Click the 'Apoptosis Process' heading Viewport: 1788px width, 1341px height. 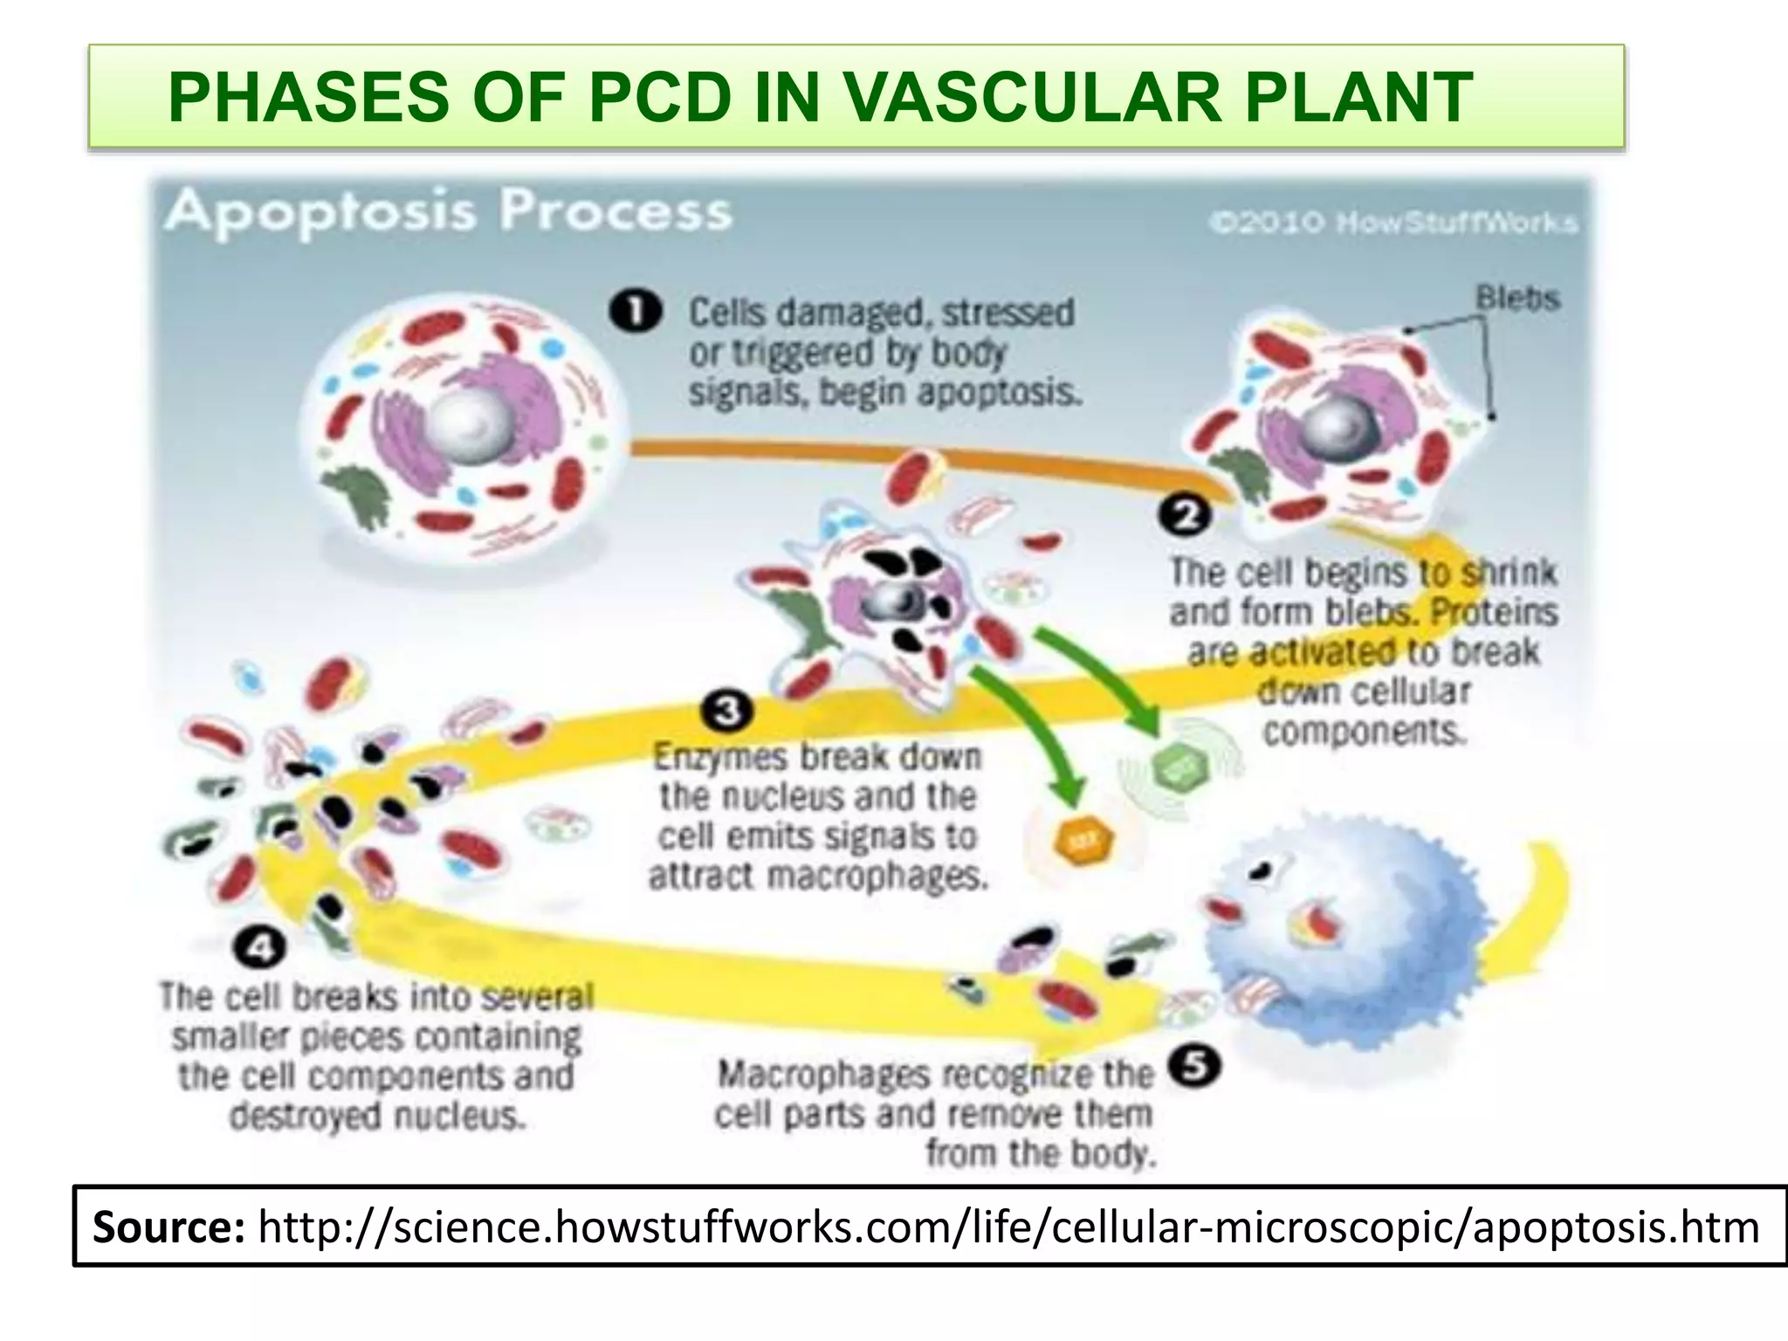448,212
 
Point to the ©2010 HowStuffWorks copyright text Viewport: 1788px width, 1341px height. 1393,223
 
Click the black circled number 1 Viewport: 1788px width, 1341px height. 636,313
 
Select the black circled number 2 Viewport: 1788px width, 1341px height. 1186,516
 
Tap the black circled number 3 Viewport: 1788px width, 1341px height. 726,712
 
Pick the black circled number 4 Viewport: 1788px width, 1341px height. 259,947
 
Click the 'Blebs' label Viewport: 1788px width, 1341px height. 1517,298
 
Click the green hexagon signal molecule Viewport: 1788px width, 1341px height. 1179,769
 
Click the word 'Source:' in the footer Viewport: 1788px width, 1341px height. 168,1227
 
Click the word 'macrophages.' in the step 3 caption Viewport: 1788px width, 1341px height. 877,876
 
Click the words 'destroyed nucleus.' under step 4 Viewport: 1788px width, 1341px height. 377,1116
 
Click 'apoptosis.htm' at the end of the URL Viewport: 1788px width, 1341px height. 1615,1227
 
